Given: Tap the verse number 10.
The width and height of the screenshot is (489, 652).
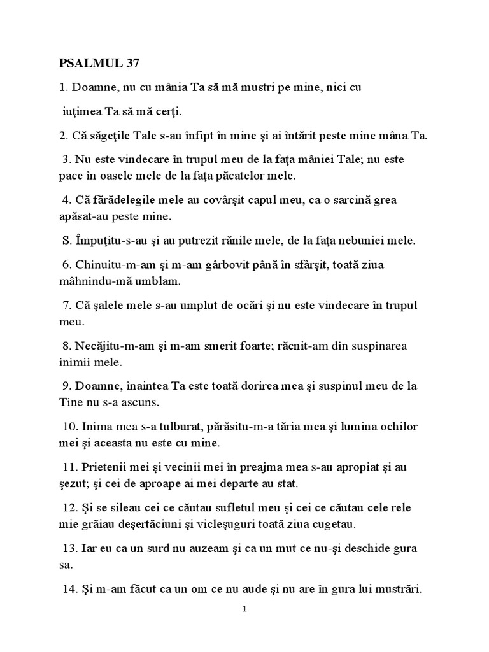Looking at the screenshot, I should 69,427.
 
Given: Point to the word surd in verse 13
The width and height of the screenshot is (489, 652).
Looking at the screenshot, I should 155,548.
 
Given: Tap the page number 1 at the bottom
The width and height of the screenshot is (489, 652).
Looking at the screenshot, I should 244,609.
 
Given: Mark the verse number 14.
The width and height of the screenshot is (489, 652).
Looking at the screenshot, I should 69,589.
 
